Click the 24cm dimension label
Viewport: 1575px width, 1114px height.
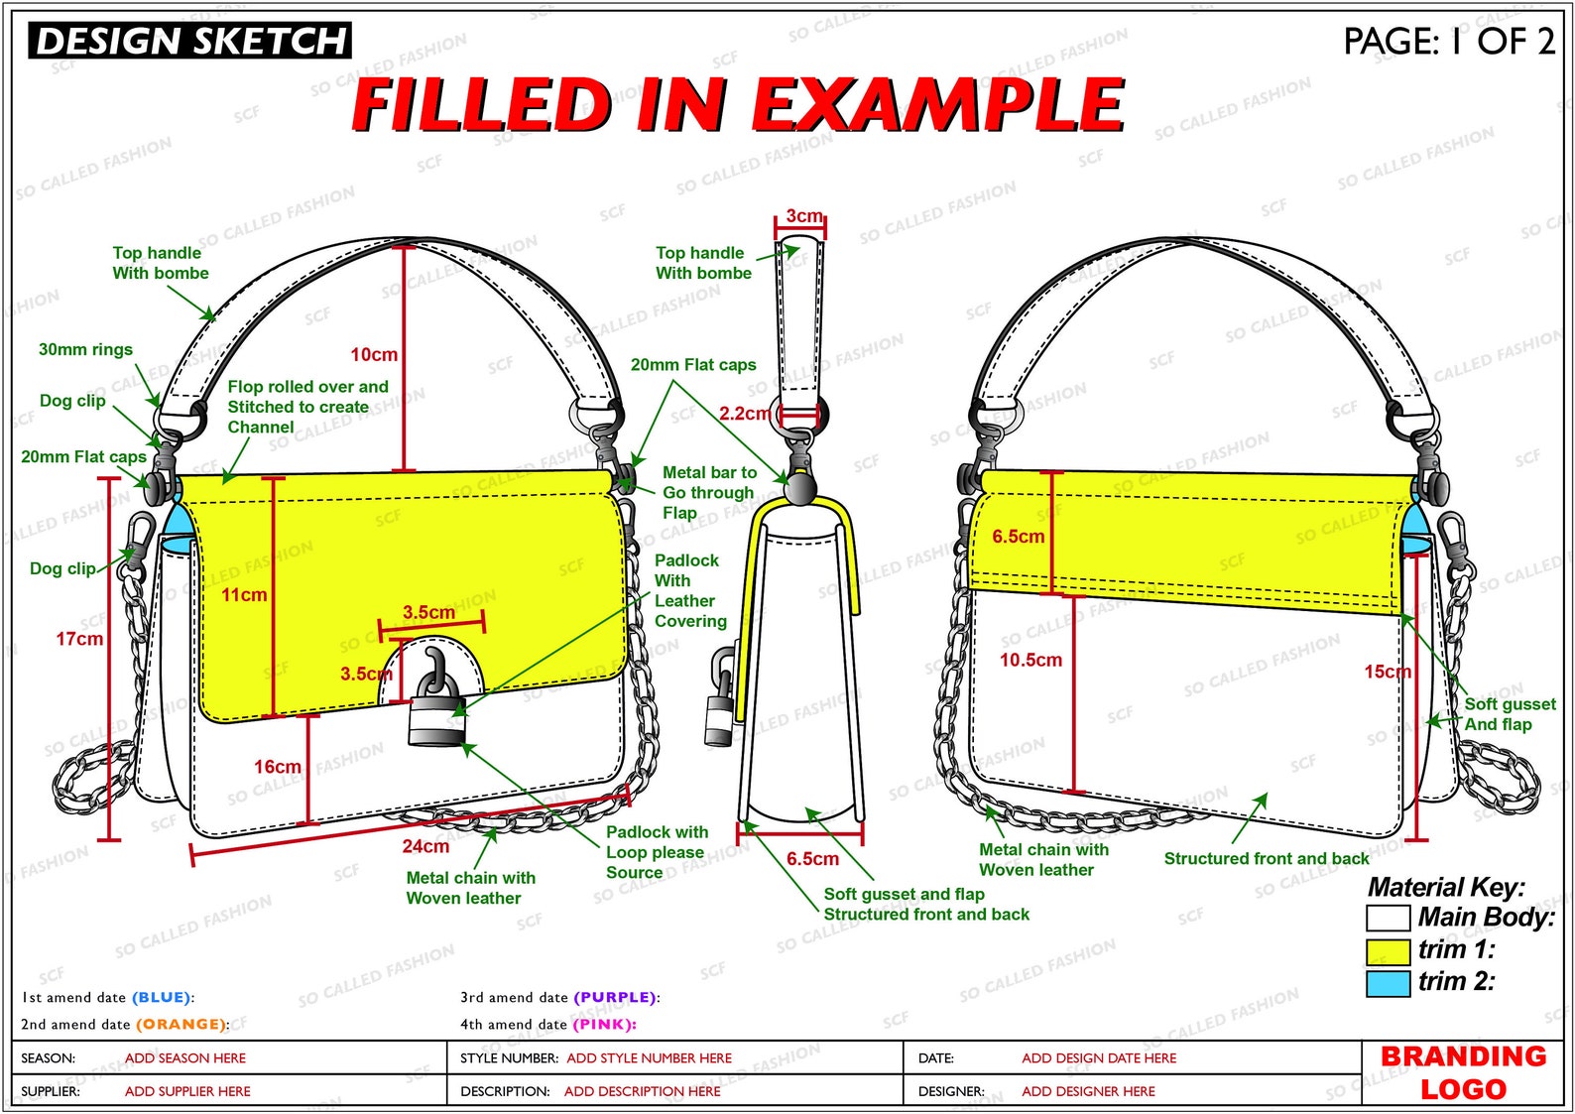click(x=425, y=846)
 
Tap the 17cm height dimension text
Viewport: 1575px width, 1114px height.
click(x=79, y=639)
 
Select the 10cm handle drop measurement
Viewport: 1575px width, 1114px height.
click(x=374, y=354)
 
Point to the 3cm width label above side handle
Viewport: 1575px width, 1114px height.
click(x=804, y=215)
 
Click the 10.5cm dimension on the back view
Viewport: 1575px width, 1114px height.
click(x=1030, y=660)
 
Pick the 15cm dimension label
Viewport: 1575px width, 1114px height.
click(x=1388, y=672)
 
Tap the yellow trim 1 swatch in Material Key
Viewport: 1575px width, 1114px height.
click(x=1388, y=951)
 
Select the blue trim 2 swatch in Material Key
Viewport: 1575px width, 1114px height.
click(x=1388, y=983)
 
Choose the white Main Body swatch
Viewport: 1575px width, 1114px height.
click(x=1388, y=918)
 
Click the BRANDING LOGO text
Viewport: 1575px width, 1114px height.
click(x=1463, y=1072)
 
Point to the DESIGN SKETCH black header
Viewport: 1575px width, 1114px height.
click(x=189, y=41)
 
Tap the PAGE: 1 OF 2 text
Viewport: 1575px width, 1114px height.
click(x=1448, y=41)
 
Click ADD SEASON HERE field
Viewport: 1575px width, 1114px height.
click(x=185, y=1057)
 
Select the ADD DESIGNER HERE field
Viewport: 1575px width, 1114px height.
click(x=1088, y=1091)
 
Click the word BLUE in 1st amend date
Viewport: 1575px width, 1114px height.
click(x=161, y=997)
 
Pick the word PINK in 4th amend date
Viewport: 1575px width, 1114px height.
click(x=604, y=1024)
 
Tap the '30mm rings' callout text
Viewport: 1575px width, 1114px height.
click(x=85, y=349)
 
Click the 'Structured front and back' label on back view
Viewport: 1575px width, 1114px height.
click(x=1267, y=858)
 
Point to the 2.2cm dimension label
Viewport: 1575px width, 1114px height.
click(x=745, y=413)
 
